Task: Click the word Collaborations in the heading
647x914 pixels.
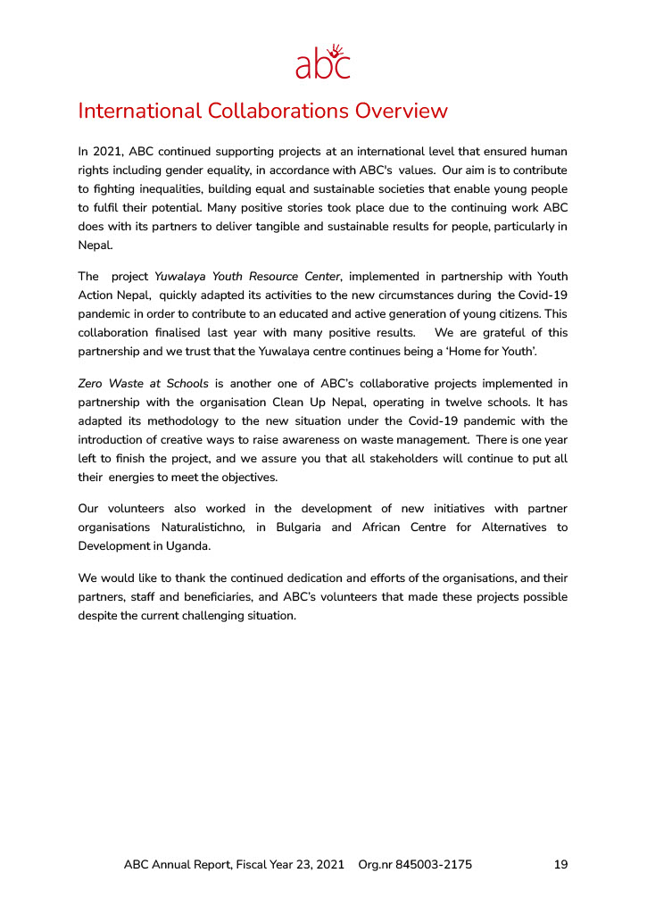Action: [x=278, y=112]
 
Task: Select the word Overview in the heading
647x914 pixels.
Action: [x=401, y=112]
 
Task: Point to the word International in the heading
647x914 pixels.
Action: [x=139, y=112]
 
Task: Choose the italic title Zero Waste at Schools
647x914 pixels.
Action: [x=144, y=384]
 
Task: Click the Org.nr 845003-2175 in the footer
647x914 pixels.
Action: [x=415, y=865]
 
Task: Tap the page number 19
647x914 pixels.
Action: [x=560, y=865]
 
